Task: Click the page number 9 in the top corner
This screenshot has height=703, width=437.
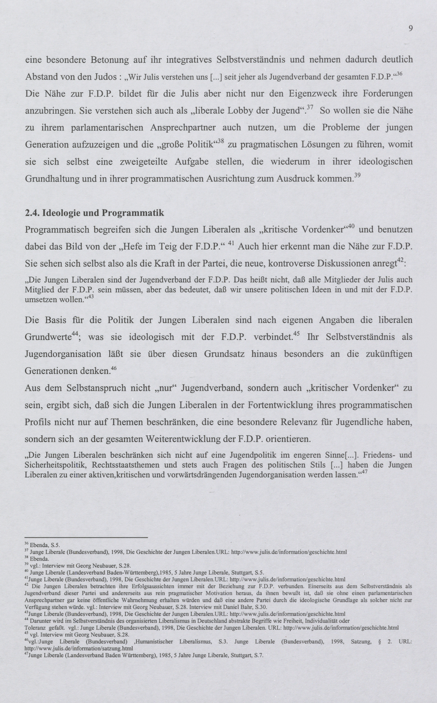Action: pos(410,28)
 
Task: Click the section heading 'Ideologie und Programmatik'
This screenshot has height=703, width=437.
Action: pos(103,213)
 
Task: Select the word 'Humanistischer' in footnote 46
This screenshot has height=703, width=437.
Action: pos(154,641)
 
